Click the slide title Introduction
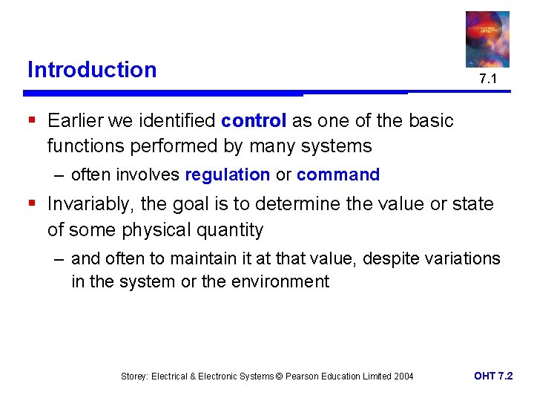92,70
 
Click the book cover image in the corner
487,39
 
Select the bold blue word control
254,121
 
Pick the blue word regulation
227,175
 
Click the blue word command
337,175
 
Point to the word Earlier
78,121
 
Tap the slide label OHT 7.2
493,376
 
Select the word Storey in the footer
134,376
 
